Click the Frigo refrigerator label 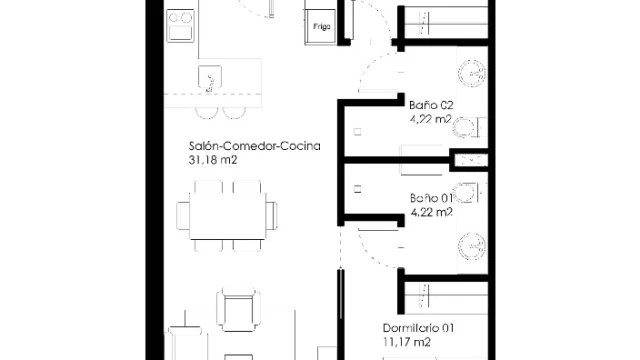pos(322,27)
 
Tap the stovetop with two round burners pos(180,26)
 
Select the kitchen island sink pos(210,76)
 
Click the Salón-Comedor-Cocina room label pos(254,146)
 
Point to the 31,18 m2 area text pos(213,160)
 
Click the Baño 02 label pos(431,105)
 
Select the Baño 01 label pos(431,198)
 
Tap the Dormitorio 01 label pos(418,328)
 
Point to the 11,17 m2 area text pos(407,342)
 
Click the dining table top pos(228,216)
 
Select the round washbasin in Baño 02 pos(472,74)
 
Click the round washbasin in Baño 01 pos(472,247)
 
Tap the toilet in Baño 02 pos(469,127)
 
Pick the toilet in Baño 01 pos(469,193)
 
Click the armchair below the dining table pos(238,310)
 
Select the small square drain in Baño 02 pos(358,132)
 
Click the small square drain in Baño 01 pos(358,189)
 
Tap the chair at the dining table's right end pos(272,216)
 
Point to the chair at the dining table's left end pos(183,216)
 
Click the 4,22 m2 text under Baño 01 pos(432,213)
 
